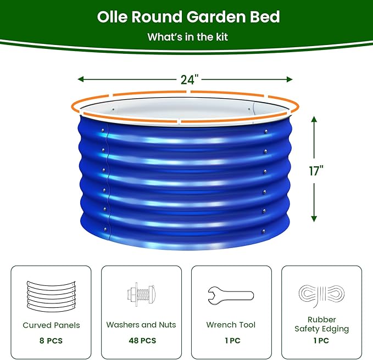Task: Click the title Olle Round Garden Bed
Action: (x=188, y=17)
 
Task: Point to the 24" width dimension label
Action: (x=188, y=79)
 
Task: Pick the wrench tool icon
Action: (x=231, y=295)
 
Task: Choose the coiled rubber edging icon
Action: (x=321, y=296)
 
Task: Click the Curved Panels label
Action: (x=51, y=325)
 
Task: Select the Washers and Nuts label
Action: (x=141, y=325)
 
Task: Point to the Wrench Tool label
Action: (x=231, y=325)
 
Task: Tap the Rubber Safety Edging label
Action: (x=321, y=324)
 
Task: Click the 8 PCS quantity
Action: (x=51, y=341)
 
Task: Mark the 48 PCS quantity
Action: (x=141, y=341)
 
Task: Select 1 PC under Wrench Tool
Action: (x=231, y=341)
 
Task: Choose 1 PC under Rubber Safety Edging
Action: (x=321, y=341)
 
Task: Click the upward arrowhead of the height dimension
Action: (x=314, y=118)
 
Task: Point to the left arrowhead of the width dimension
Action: (x=80, y=79)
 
